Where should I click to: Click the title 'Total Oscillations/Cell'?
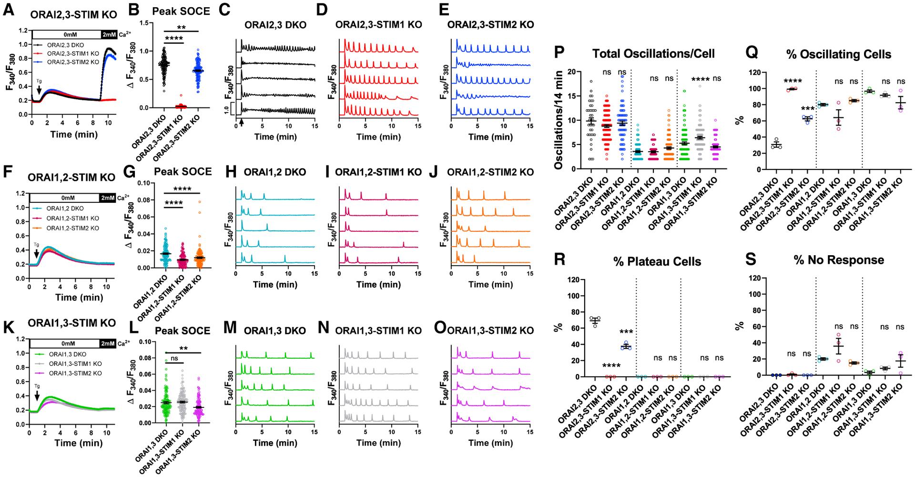tap(653, 53)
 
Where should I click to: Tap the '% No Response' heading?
tap(839, 260)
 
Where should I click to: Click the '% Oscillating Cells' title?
tap(839, 54)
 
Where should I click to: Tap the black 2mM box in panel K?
tap(108, 343)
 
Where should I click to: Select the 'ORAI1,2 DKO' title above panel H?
tap(273, 172)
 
